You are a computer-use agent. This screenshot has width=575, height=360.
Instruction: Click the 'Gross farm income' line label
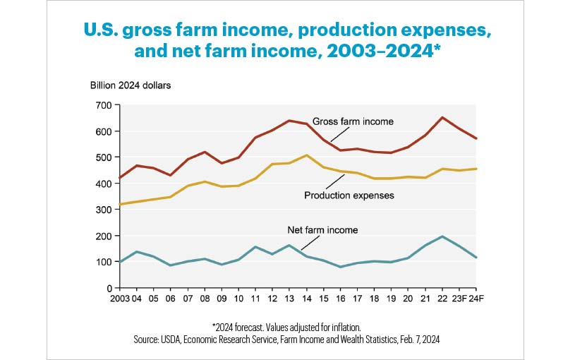pyautogui.click(x=353, y=121)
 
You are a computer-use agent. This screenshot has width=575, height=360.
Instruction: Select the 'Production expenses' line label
pyautogui.click(x=349, y=195)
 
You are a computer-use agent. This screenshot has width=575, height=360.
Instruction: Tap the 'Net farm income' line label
pyautogui.click(x=322, y=230)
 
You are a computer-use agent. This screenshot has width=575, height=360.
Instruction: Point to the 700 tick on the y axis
pyautogui.click(x=103, y=105)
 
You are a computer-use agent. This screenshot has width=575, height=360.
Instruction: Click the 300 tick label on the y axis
pyautogui.click(x=103, y=210)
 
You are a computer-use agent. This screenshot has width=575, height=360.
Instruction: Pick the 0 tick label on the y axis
pyautogui.click(x=109, y=288)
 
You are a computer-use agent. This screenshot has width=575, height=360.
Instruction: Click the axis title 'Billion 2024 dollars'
pyautogui.click(x=130, y=86)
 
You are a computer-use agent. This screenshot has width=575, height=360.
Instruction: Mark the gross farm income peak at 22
pyautogui.click(x=443, y=117)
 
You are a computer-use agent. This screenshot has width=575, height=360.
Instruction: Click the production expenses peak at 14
pyautogui.click(x=307, y=155)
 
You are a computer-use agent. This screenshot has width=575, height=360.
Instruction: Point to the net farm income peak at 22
pyautogui.click(x=443, y=236)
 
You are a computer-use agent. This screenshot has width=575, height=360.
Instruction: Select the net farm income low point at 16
pyautogui.click(x=341, y=267)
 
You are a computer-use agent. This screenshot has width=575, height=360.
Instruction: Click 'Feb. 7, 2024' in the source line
pyautogui.click(x=417, y=340)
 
